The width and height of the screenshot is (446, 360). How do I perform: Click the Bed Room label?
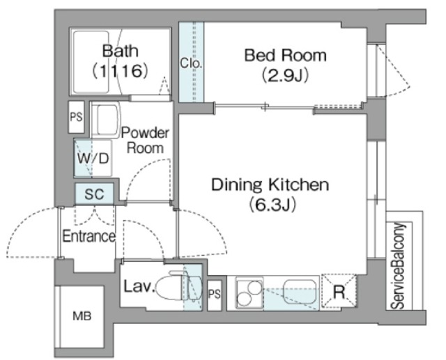pos(285,55)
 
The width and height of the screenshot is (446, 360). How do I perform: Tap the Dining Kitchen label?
pos(270,185)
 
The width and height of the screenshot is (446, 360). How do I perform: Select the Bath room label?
pos(121,51)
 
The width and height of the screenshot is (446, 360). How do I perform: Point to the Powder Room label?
pos(145,141)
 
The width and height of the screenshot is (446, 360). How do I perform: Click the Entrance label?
pos(89,236)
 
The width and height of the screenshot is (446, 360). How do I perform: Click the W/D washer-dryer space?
pos(93,158)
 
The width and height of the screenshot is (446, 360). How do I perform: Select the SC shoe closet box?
pos(95,194)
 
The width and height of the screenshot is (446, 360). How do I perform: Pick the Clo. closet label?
pos(191,63)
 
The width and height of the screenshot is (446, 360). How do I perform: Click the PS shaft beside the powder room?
pos(76,117)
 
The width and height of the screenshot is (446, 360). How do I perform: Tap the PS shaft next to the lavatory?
pos(215,295)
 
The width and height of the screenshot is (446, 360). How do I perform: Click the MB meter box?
pos(82,316)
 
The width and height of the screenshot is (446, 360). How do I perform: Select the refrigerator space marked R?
pos(339,291)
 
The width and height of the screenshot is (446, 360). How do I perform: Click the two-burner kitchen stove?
pos(249,292)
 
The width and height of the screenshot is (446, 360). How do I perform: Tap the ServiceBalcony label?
pos(398,265)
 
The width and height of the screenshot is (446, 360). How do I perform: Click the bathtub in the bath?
pos(91,62)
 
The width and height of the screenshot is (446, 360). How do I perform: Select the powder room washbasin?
pos(105,120)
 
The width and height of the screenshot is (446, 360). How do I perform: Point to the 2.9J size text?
pos(285,75)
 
